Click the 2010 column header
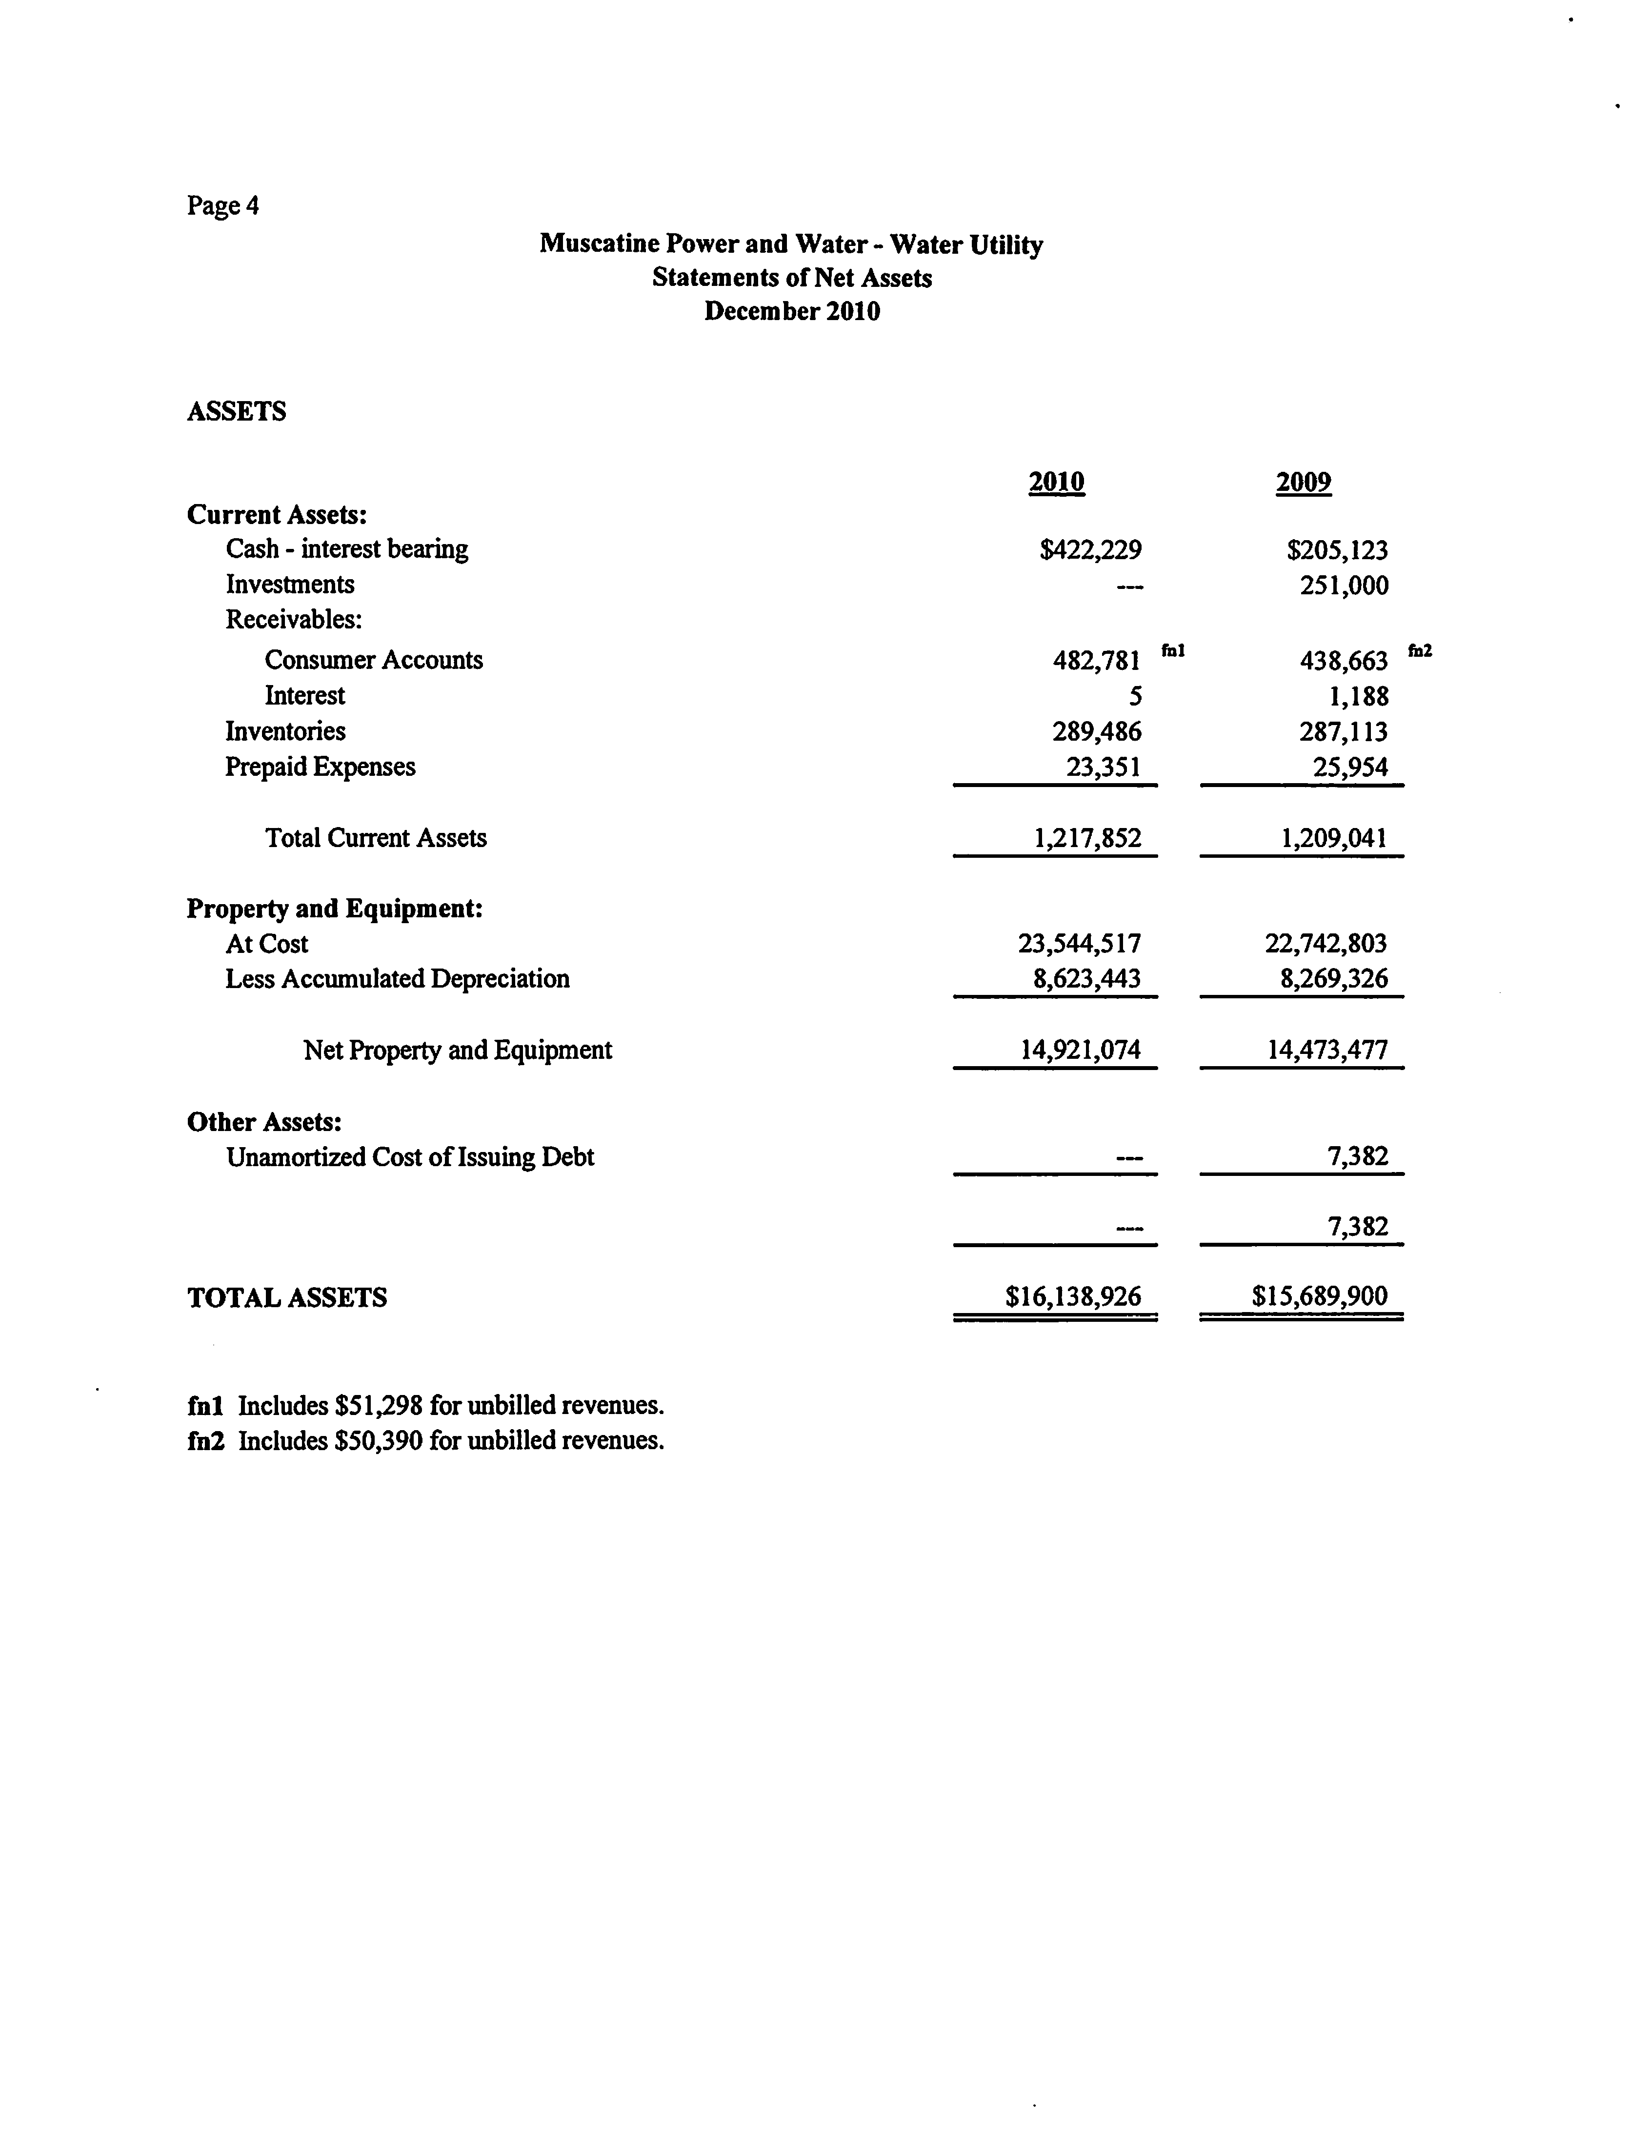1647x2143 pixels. [x=1056, y=483]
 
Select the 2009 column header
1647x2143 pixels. [x=1303, y=483]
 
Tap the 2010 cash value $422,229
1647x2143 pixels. [x=1090, y=550]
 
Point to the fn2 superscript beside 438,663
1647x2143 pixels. [x=1420, y=649]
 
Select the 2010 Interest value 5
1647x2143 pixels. [x=1135, y=696]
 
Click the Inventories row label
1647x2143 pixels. [x=285, y=731]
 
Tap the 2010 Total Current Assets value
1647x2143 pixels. [x=1087, y=838]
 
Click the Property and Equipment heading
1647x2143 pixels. [x=334, y=909]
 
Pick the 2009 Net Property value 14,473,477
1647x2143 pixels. [x=1327, y=1050]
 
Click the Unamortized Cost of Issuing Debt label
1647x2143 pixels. [x=410, y=1158]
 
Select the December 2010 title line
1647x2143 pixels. [x=792, y=312]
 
